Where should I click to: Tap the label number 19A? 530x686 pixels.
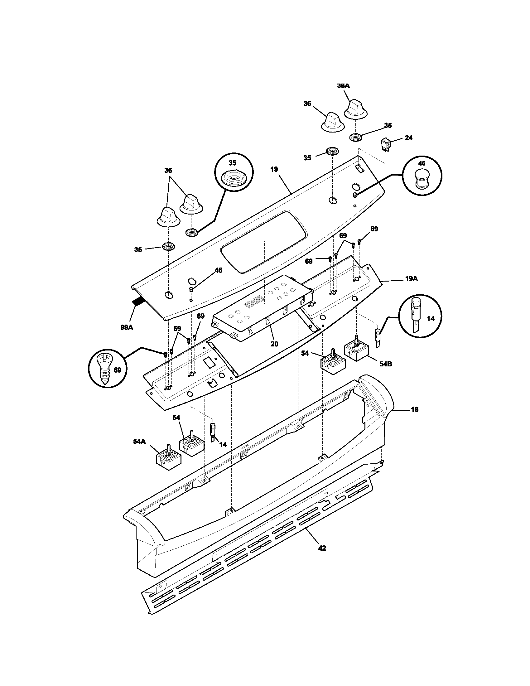[x=411, y=278]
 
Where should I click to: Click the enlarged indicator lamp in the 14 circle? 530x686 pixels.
[x=415, y=315]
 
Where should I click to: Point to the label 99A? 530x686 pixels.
[x=127, y=327]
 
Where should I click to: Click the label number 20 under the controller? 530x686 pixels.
[x=274, y=344]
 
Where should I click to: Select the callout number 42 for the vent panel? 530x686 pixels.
[x=322, y=548]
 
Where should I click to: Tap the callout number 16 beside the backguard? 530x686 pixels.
[x=414, y=410]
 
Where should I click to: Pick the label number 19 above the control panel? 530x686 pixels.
[x=274, y=170]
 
